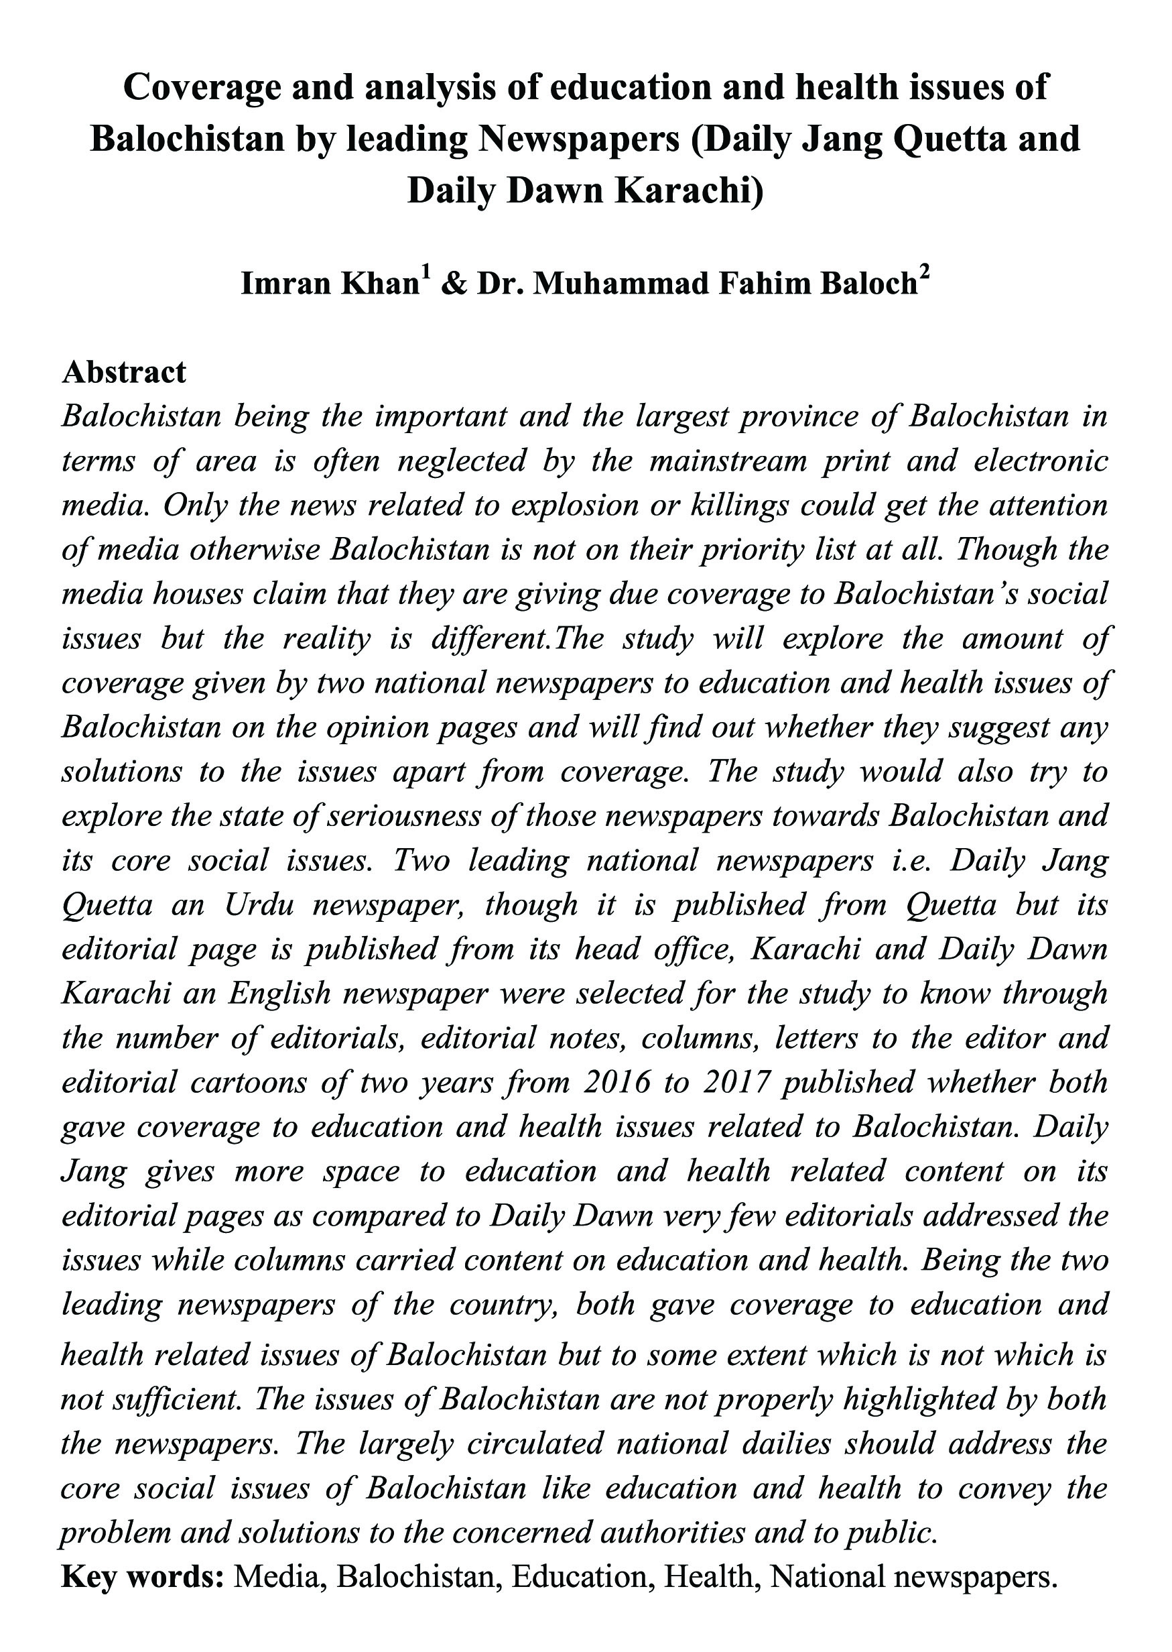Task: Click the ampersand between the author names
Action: tap(452, 284)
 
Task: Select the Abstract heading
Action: tap(124, 373)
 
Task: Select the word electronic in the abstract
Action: tap(1041, 461)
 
